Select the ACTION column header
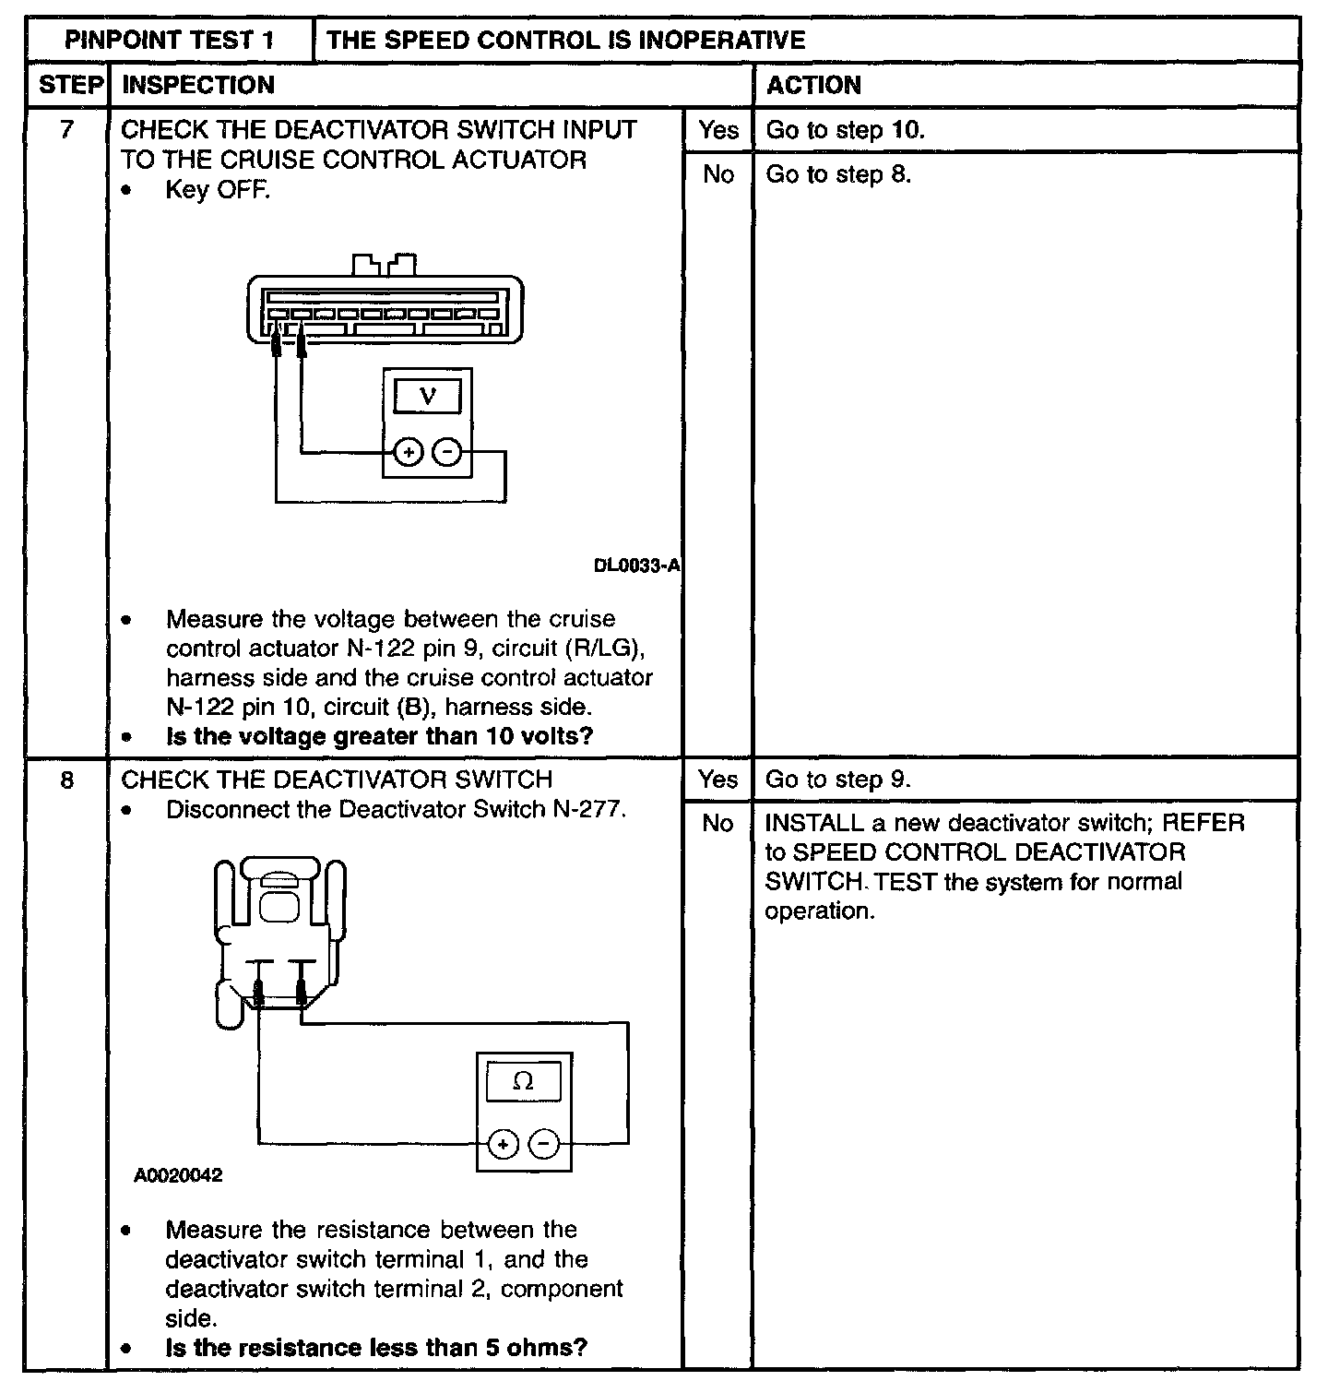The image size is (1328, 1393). click(x=813, y=85)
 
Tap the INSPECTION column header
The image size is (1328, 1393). click(x=198, y=85)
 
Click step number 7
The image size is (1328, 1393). click(x=66, y=130)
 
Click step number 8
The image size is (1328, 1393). click(x=66, y=780)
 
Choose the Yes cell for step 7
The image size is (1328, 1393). click(x=717, y=130)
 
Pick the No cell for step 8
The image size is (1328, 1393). click(x=717, y=823)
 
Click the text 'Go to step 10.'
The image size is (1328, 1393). click(x=845, y=130)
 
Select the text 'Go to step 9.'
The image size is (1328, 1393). click(x=837, y=780)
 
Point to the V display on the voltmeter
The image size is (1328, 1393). click(x=427, y=397)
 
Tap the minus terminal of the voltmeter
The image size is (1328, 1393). click(x=447, y=453)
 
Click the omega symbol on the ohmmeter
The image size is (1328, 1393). click(x=523, y=1080)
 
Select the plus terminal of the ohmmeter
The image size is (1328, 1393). click(x=504, y=1145)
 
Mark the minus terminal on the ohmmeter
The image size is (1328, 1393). click(x=544, y=1145)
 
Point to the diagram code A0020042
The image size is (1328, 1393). click(x=178, y=1176)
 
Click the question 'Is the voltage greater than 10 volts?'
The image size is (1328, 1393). click(x=379, y=736)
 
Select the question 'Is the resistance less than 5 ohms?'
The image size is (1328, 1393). click(x=376, y=1348)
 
